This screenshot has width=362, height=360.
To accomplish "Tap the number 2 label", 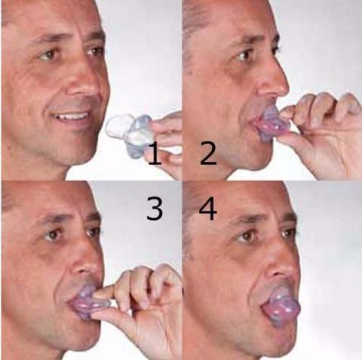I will [207, 154].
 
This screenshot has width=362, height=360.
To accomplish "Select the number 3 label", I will [154, 209].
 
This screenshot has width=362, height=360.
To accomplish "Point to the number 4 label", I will [207, 209].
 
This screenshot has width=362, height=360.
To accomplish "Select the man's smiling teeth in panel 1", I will [74, 117].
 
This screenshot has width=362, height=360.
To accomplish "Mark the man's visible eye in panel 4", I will [248, 236].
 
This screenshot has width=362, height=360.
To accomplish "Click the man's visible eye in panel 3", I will [53, 235].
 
